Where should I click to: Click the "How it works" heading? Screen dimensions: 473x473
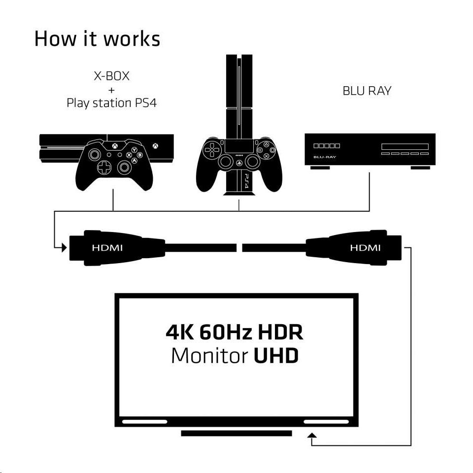click(x=97, y=39)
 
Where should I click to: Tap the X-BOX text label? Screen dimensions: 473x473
click(x=112, y=76)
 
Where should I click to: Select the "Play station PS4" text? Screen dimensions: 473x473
click(x=112, y=103)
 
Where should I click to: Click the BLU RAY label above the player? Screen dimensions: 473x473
click(x=367, y=91)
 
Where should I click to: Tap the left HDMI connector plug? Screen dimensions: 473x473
click(x=117, y=248)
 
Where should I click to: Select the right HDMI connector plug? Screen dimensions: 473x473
click(x=354, y=248)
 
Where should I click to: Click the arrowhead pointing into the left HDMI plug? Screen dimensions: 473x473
click(x=64, y=248)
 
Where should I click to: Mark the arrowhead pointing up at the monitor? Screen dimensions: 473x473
click(x=312, y=435)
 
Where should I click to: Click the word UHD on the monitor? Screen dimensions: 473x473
click(x=276, y=356)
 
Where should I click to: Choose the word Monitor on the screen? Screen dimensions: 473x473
click(x=210, y=356)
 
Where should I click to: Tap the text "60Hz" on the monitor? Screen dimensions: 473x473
click(x=226, y=332)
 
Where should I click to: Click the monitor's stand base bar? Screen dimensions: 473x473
click(x=236, y=433)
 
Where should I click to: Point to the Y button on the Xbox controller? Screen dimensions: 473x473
click(x=134, y=150)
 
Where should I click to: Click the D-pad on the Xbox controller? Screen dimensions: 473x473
click(x=104, y=168)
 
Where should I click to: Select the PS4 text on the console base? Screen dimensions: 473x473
click(x=246, y=181)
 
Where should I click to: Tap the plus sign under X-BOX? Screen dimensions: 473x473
click(x=112, y=90)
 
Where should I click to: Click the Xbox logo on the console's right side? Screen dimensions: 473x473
click(x=155, y=146)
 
